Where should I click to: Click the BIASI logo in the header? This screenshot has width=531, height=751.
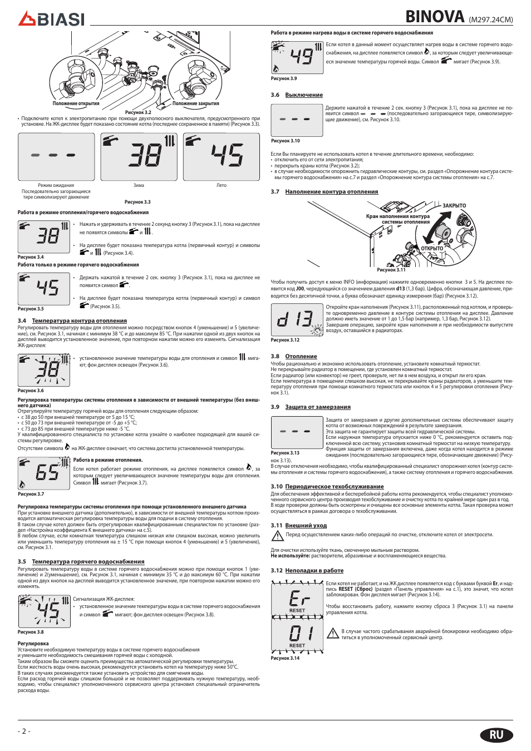(51, 19)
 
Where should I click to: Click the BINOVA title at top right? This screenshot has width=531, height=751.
(435, 17)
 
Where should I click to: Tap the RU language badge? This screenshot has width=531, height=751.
(496, 735)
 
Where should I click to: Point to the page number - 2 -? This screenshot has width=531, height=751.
(24, 731)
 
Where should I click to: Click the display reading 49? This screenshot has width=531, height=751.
(297, 57)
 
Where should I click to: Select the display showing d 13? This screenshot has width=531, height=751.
(297, 319)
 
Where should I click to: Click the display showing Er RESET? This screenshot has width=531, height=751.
(297, 600)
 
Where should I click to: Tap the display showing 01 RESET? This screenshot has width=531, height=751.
(297, 635)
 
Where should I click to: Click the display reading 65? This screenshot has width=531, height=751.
(44, 473)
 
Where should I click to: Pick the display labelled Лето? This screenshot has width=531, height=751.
(222, 156)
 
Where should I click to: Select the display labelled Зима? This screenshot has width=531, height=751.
(139, 156)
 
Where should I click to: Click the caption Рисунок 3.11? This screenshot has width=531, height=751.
(391, 270)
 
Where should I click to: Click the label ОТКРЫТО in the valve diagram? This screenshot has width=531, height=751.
(432, 249)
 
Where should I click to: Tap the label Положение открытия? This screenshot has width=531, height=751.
(76, 103)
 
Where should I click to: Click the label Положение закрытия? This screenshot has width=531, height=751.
(195, 103)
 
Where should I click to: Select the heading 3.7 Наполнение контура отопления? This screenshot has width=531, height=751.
(324, 192)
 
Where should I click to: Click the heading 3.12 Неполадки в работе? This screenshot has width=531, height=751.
(307, 571)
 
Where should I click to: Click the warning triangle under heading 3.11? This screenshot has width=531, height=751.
(277, 536)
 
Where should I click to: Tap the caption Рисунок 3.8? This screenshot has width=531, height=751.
(31, 632)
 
